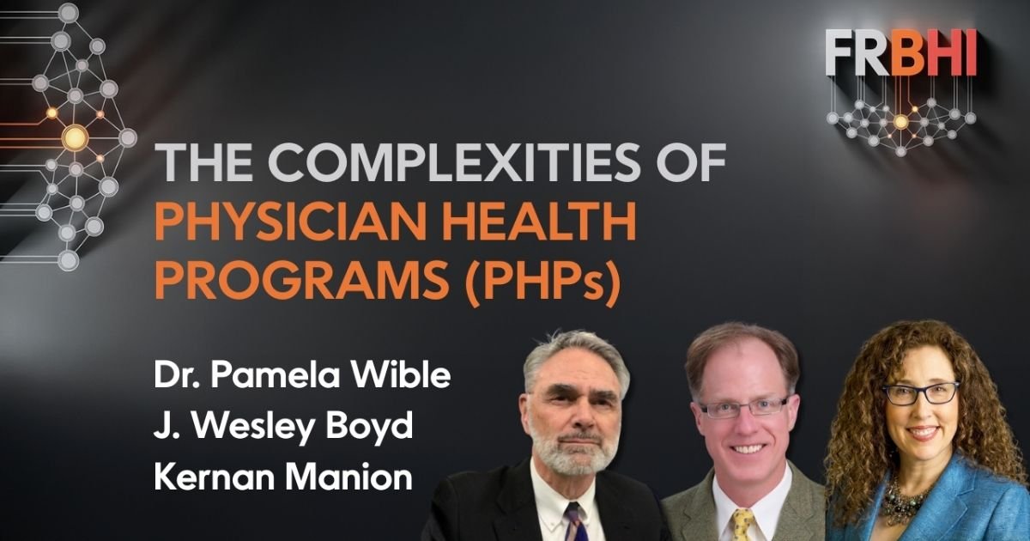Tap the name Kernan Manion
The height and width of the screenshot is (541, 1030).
283,477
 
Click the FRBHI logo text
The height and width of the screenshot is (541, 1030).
901,52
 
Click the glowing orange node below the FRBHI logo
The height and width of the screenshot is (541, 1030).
900,122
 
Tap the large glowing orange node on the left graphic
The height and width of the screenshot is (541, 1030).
76,137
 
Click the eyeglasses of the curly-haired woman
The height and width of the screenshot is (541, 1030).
921,393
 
